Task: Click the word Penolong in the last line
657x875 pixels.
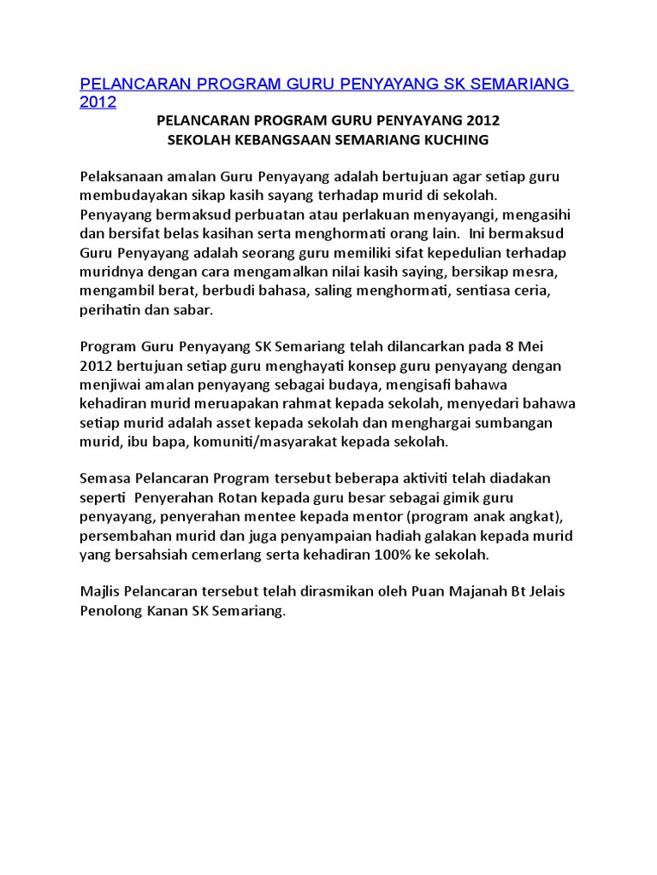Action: pyautogui.click(x=110, y=612)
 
